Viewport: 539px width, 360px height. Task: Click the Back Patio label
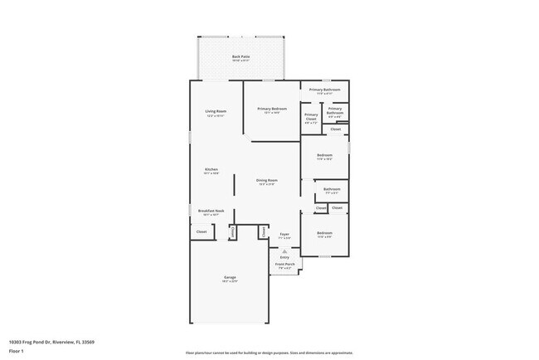240,56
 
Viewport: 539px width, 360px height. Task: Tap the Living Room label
216,111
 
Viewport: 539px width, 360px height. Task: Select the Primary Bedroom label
271,109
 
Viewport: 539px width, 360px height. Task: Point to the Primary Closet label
311,117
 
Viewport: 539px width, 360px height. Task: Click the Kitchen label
211,169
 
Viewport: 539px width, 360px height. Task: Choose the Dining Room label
266,180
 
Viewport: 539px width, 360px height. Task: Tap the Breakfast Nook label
211,211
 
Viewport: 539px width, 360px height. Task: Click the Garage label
230,277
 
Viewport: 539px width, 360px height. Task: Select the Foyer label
284,235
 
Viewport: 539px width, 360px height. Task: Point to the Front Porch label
285,266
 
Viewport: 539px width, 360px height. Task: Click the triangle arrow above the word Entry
284,251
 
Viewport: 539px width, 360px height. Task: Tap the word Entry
284,257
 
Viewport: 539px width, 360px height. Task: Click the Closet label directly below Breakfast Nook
202,232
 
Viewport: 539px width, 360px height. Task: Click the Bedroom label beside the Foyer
324,232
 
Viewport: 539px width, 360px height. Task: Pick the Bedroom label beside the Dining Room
324,155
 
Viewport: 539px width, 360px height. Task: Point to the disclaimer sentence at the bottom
269,353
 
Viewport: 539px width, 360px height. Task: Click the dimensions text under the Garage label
230,282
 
